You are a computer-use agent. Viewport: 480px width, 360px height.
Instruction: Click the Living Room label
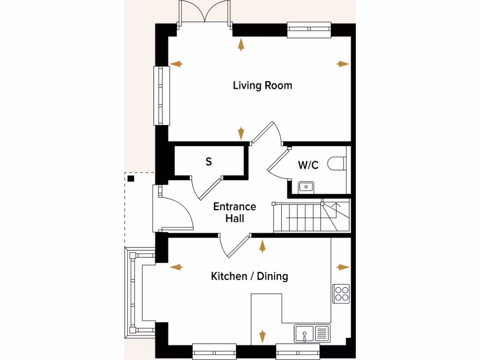pyautogui.click(x=262, y=85)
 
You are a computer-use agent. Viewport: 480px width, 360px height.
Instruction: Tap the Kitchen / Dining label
pyautogui.click(x=249, y=276)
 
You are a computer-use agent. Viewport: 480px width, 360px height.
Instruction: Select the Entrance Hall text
pyautogui.click(x=234, y=212)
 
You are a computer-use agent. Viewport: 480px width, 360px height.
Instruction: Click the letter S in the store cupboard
pyautogui.click(x=209, y=162)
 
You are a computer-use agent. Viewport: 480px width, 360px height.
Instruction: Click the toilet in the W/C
pyautogui.click(x=337, y=164)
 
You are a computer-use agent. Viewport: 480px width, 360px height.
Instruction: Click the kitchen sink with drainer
pyautogui.click(x=312, y=334)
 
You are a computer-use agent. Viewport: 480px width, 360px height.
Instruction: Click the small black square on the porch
pyautogui.click(x=131, y=179)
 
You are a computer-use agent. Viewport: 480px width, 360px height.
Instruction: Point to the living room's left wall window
pyautogui.click(x=162, y=95)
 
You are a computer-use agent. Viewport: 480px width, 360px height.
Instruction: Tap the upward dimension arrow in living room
pyautogui.click(x=241, y=45)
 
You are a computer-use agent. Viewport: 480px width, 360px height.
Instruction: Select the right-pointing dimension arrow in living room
pyautogui.click(x=343, y=64)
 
